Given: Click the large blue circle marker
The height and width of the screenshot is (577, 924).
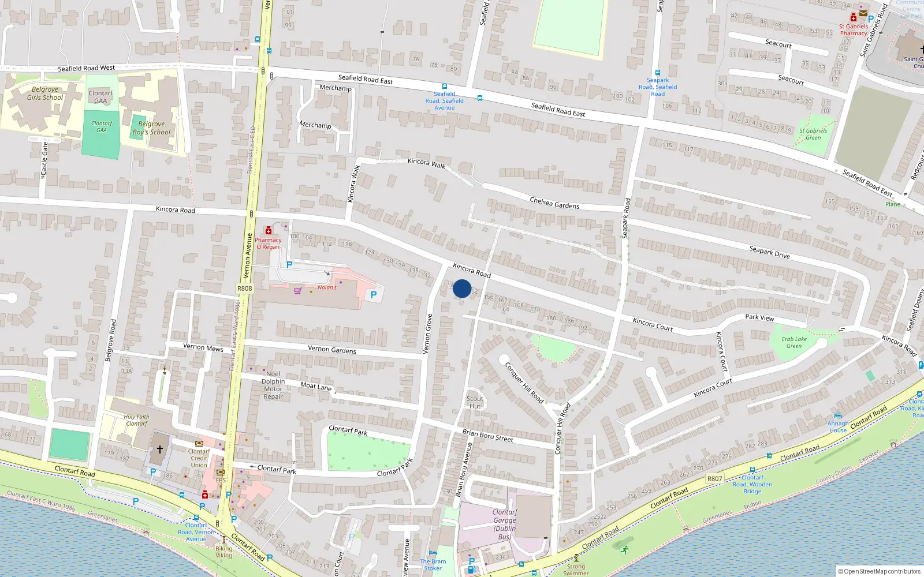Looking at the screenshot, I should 462,288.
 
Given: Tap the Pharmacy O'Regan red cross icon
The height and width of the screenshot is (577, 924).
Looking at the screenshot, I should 269,231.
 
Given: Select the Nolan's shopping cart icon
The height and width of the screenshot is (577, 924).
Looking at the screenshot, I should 297,291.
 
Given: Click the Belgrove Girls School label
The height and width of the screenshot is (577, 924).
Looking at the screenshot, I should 45,93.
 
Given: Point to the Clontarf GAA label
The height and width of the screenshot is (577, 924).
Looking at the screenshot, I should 100,97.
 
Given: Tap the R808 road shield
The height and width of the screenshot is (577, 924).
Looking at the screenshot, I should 245,288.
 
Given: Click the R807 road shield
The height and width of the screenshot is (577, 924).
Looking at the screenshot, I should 715,479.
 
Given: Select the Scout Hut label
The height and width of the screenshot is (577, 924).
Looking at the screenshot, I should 475,402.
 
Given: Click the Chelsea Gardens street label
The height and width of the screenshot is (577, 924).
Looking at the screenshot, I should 554,203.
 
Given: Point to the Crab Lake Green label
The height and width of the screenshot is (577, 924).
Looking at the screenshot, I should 794,343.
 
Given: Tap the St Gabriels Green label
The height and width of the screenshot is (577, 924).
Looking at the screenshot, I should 813,134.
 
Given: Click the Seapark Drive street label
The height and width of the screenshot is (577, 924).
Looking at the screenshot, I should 769,252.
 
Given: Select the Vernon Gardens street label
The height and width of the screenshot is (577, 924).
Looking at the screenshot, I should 332,349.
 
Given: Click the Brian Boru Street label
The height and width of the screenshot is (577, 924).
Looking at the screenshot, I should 487,436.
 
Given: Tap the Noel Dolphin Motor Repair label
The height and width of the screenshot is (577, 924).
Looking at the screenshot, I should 273,385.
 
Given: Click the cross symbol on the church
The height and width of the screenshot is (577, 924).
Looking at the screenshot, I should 160,449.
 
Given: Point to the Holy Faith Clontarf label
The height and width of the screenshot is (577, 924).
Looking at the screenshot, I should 136,420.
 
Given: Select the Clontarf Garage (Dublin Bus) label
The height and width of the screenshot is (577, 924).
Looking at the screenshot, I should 505,524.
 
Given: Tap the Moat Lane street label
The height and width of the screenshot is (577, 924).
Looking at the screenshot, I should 316,386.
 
